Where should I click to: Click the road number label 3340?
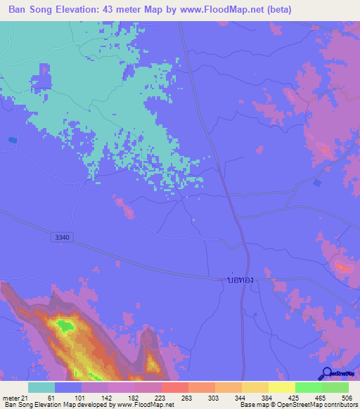(62, 238)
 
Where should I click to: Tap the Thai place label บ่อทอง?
(240, 279)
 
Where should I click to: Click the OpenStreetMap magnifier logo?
(328, 373)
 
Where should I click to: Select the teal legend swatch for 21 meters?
(41, 387)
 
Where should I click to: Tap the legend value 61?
(43, 398)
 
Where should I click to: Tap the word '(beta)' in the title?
(276, 10)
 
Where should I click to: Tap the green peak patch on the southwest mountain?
(65, 325)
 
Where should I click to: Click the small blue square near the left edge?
(13, 140)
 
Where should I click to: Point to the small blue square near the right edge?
(318, 183)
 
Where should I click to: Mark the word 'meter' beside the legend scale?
(12, 398)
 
